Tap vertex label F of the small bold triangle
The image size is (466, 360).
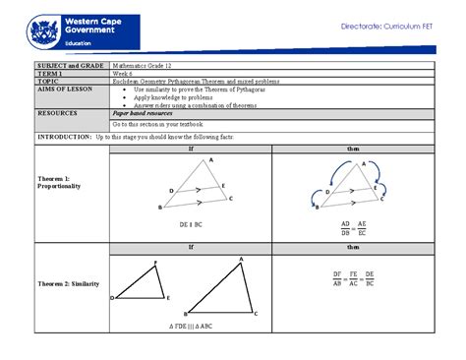point(154,263)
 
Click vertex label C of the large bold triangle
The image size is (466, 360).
point(255,313)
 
